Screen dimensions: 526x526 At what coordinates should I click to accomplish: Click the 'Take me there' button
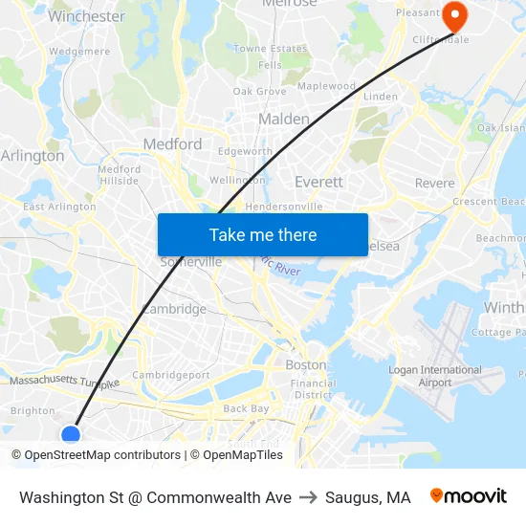[x=262, y=234]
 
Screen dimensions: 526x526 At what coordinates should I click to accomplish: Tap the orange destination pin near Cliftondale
[x=452, y=14]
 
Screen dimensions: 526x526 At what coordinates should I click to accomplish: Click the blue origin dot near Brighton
[x=71, y=435]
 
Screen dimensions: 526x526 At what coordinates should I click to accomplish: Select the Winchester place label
[x=86, y=16]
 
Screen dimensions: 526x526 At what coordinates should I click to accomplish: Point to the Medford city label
[x=172, y=144]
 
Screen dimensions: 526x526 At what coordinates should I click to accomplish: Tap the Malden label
[x=284, y=120]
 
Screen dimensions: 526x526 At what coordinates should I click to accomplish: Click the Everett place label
[x=318, y=182]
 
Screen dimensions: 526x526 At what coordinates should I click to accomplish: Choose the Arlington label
[x=33, y=156]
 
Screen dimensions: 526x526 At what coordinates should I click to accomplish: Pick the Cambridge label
[x=174, y=309]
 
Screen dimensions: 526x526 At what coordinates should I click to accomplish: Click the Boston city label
[x=306, y=364]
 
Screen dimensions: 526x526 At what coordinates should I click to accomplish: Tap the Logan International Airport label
[x=435, y=376]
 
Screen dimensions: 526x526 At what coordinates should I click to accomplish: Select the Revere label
[x=434, y=183]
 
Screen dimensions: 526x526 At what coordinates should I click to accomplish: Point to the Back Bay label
[x=247, y=409]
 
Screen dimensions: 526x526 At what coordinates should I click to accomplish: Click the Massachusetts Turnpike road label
[x=64, y=382]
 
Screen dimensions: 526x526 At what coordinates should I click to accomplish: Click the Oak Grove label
[x=259, y=92]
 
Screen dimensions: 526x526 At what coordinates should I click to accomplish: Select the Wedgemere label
[x=79, y=52]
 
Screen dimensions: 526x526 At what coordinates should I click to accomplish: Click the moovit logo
[x=469, y=496]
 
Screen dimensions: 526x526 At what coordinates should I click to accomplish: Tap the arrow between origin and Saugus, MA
[x=308, y=497]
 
